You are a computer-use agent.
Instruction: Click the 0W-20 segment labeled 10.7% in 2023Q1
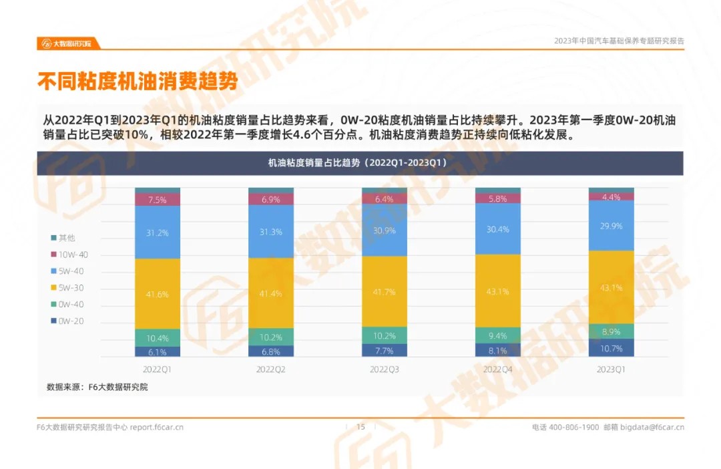(x=611, y=348)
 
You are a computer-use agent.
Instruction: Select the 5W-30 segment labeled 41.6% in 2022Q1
(x=158, y=294)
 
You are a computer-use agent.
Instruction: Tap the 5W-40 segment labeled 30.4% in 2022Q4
(x=497, y=229)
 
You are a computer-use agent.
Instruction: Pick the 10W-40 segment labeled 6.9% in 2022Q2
(x=270, y=199)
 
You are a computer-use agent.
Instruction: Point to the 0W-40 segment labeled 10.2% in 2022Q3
(x=384, y=335)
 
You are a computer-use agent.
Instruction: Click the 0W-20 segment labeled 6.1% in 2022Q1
(x=158, y=351)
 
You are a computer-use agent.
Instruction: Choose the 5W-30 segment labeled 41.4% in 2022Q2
(x=270, y=293)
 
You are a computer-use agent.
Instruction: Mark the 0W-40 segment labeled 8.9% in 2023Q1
(x=611, y=331)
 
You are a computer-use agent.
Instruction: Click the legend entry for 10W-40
(x=69, y=255)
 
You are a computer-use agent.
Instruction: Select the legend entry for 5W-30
(x=69, y=288)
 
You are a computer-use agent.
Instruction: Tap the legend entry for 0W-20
(x=69, y=321)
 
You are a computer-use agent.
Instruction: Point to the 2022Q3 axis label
(x=384, y=369)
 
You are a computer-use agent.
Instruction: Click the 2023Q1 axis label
(x=611, y=369)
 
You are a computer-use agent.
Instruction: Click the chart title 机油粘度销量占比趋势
(x=360, y=162)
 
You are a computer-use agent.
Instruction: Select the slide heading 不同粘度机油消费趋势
(x=138, y=82)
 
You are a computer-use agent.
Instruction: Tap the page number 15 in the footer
(x=360, y=427)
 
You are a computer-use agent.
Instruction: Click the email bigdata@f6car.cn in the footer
(x=652, y=427)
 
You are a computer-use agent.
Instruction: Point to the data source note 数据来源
(x=97, y=387)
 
